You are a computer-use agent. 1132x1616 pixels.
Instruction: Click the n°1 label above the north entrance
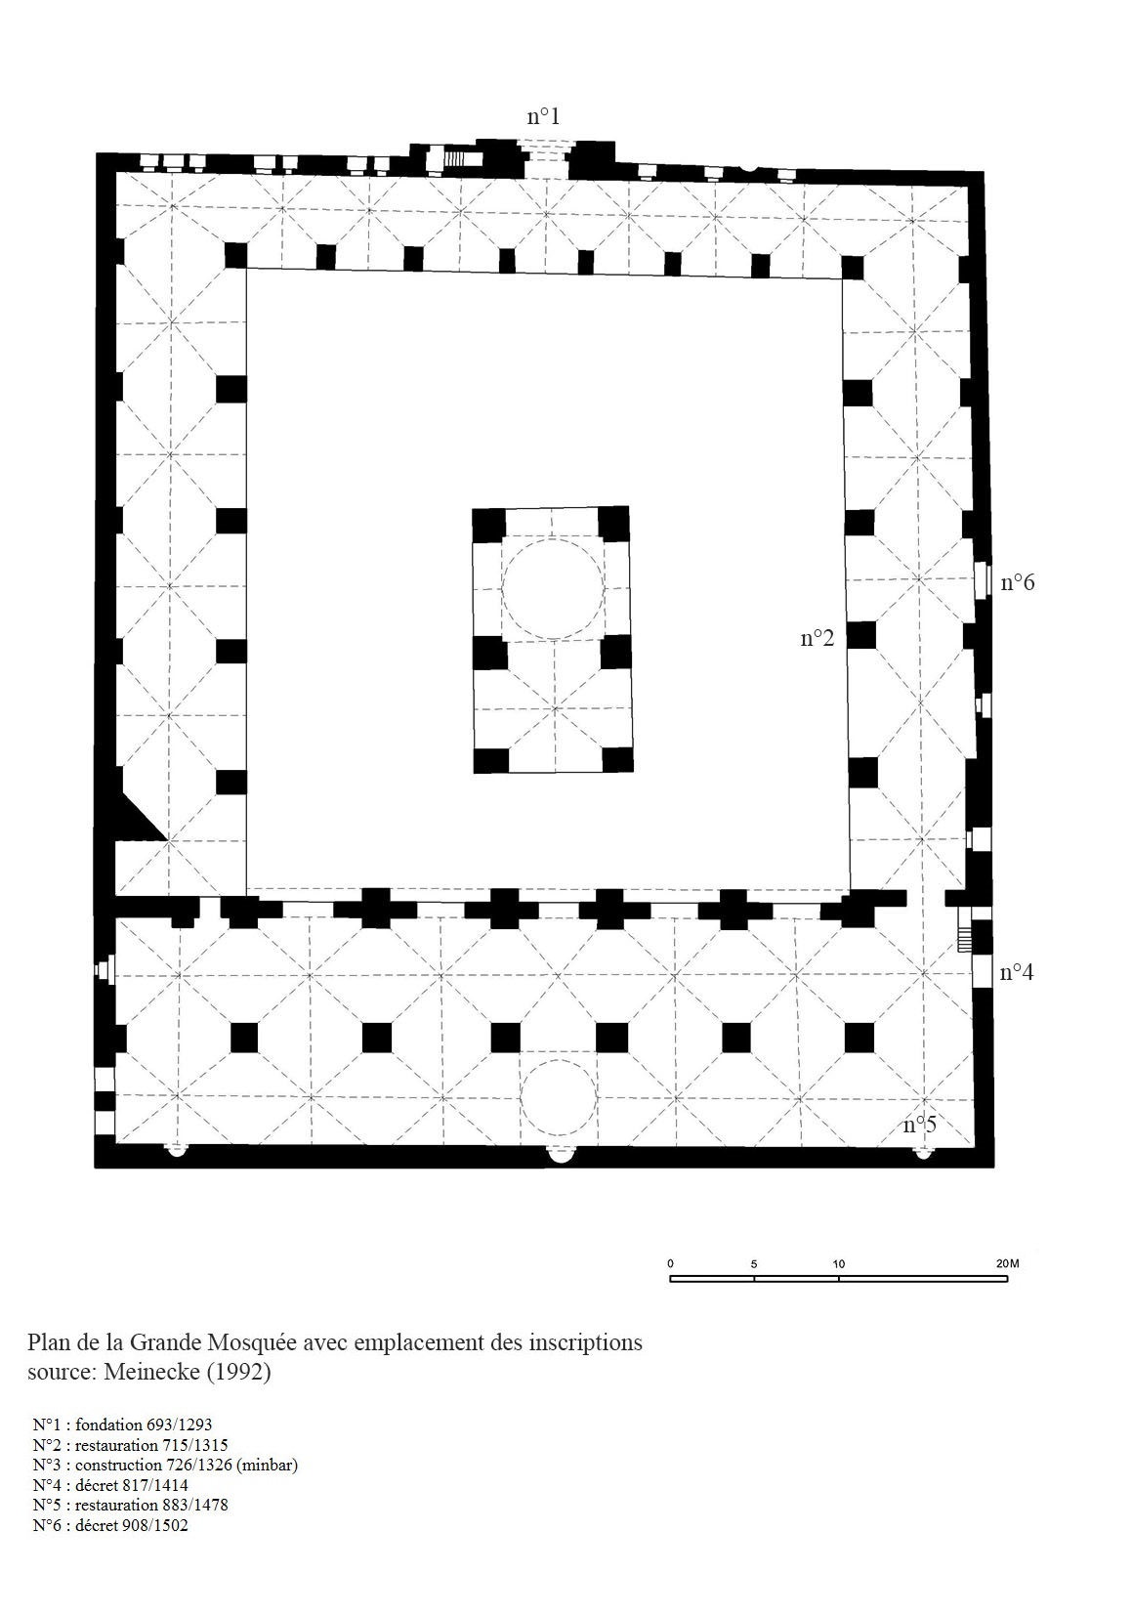tap(542, 116)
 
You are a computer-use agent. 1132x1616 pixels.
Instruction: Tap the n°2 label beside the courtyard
tap(817, 638)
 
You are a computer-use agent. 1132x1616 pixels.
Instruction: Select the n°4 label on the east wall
tap(1016, 972)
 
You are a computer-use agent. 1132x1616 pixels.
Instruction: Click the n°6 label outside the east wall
tap(1018, 582)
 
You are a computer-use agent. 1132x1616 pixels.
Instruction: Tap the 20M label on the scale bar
tap(1007, 1264)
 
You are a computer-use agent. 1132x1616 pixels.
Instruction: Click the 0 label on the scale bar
tap(671, 1264)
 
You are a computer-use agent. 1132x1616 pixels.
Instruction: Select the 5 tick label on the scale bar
tap(754, 1264)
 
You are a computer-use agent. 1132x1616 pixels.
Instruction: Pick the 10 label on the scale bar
tap(839, 1264)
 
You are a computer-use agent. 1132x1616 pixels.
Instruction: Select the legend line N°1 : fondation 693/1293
tap(122, 1425)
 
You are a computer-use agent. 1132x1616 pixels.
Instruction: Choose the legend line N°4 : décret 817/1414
tap(110, 1485)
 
